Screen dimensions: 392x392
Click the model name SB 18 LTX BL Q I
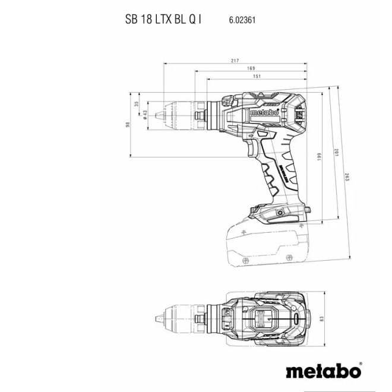point(163,19)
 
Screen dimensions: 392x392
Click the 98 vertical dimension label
point(127,124)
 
